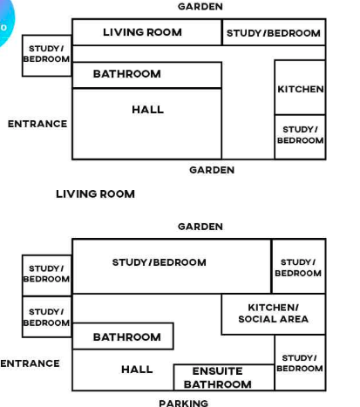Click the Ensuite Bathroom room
point(224,377)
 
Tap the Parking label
point(183,403)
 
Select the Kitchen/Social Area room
point(273,314)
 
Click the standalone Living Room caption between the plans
point(95,193)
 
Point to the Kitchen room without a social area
point(300,87)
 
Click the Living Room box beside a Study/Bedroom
point(146,32)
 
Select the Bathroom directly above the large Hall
point(146,75)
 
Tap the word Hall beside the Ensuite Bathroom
point(137,370)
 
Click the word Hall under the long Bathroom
point(147,110)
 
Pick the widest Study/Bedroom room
point(172,266)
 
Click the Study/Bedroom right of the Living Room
point(274,32)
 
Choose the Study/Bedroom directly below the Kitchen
point(300,137)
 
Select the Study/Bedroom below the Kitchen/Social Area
point(300,363)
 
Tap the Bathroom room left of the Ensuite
point(123,336)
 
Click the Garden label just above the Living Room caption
point(212,170)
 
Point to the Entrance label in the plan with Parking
point(30,363)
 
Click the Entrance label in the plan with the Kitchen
point(37,124)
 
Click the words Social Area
point(273,319)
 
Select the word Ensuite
point(217,371)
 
